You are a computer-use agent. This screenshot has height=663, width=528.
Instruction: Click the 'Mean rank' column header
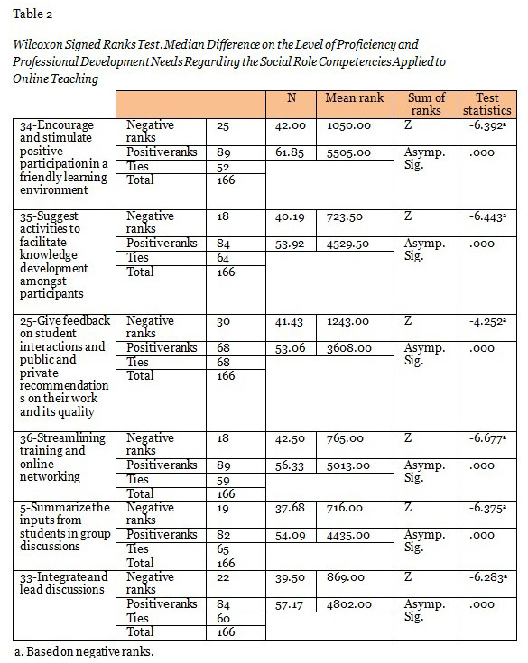pyautogui.click(x=357, y=97)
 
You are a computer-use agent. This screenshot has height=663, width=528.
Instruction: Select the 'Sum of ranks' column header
pyautogui.click(x=427, y=104)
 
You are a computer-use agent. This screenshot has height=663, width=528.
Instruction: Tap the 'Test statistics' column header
pyautogui.click(x=486, y=104)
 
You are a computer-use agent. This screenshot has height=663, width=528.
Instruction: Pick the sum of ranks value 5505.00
pyautogui.click(x=349, y=152)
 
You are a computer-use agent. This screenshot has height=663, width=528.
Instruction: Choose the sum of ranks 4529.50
pyautogui.click(x=349, y=244)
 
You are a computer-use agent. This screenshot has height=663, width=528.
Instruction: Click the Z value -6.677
pyautogui.click(x=486, y=438)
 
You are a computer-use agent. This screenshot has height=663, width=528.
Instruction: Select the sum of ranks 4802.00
pyautogui.click(x=349, y=604)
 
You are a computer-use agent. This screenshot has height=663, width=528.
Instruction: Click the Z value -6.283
pyautogui.click(x=486, y=578)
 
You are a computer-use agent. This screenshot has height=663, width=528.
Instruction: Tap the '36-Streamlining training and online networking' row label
pyautogui.click(x=62, y=457)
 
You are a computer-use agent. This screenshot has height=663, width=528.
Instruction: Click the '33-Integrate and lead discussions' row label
pyautogui.click(x=62, y=583)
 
